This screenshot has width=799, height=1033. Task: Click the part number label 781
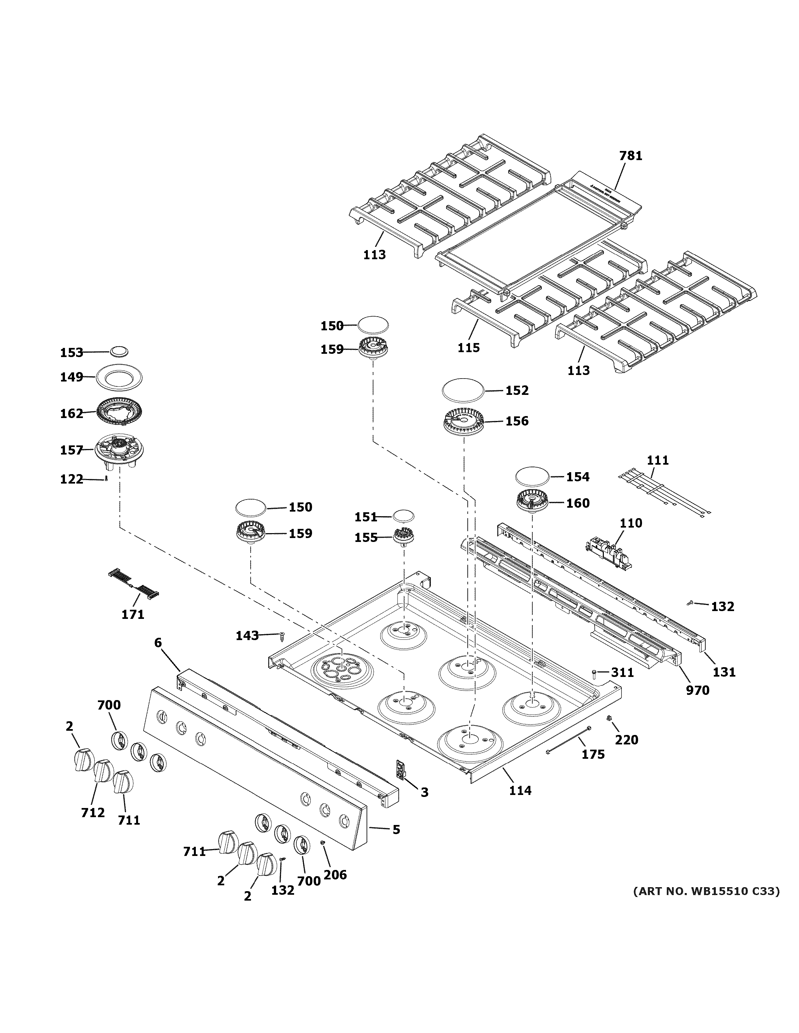631,156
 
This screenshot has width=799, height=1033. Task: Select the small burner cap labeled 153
119,352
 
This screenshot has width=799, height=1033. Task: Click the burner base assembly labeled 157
119,451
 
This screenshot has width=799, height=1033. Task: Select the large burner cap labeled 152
463,390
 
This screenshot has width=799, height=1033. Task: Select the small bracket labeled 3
400,769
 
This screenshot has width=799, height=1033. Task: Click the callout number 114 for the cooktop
520,790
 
